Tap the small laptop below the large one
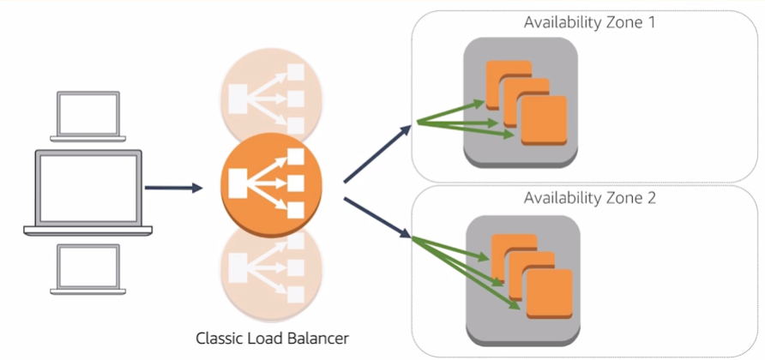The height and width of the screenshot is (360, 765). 89,267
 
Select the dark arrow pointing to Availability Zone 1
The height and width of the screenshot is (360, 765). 377,154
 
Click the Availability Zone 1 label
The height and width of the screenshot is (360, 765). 589,22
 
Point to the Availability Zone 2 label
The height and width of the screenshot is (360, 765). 589,198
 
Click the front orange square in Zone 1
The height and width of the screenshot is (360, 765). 544,121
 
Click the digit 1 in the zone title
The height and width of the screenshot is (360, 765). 651,22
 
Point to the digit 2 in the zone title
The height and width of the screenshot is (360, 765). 651,198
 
